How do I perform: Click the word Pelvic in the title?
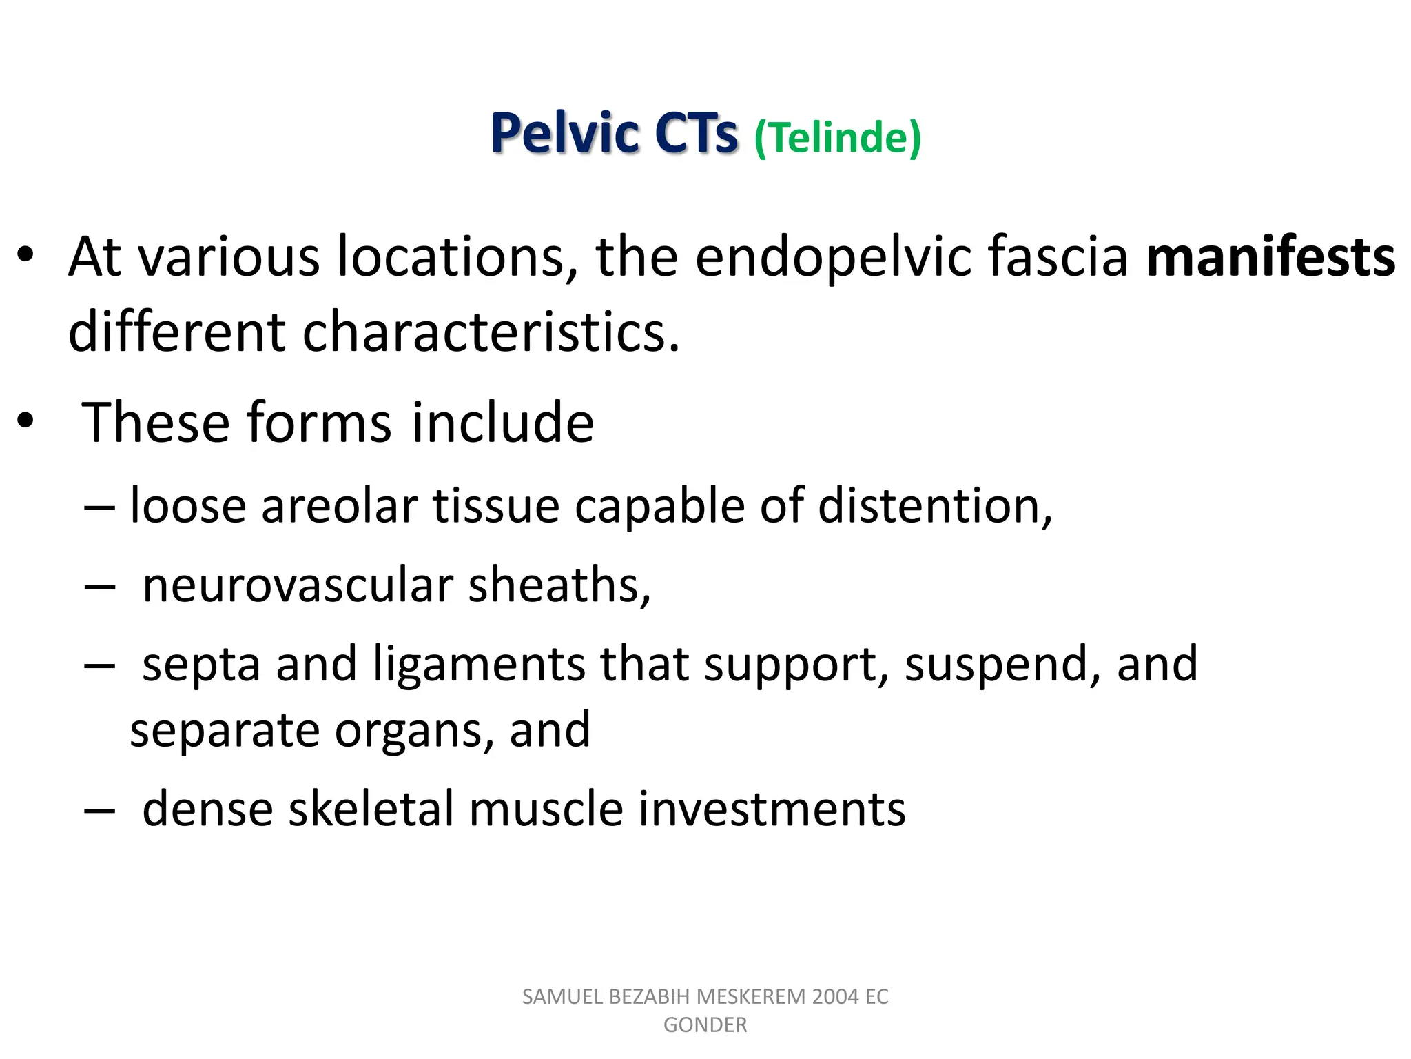(x=564, y=133)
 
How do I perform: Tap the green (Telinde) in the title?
(x=837, y=137)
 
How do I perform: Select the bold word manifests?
(x=1270, y=257)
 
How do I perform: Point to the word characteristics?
(x=491, y=332)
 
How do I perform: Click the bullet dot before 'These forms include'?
(x=25, y=421)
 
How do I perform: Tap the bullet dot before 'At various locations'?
(x=25, y=256)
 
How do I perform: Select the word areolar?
(x=340, y=505)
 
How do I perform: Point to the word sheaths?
(x=559, y=585)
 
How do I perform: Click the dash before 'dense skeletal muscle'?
(x=99, y=810)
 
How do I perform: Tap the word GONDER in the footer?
(x=705, y=1025)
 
